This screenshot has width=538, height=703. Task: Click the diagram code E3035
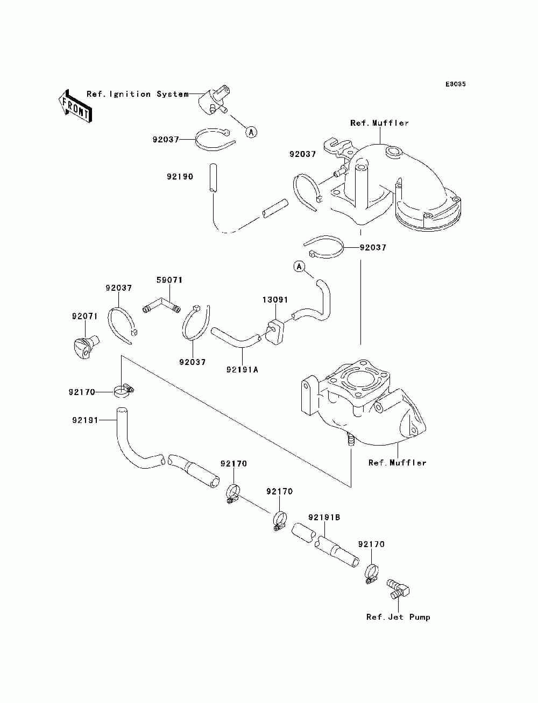click(455, 84)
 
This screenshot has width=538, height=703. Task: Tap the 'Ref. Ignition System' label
click(138, 94)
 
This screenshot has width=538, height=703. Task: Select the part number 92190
click(180, 176)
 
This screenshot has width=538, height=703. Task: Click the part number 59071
click(169, 280)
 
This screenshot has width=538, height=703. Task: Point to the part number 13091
click(275, 300)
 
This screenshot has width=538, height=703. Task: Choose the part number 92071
click(84, 316)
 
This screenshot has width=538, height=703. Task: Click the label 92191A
click(243, 370)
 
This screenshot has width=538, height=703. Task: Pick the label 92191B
click(324, 517)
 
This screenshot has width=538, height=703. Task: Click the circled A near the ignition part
click(251, 132)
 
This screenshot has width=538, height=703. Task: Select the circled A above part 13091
click(299, 266)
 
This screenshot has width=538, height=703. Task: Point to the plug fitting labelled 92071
click(84, 347)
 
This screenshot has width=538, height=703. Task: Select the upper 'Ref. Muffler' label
click(380, 123)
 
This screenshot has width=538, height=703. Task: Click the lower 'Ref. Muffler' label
click(397, 462)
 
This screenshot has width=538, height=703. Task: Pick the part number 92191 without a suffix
click(85, 420)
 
